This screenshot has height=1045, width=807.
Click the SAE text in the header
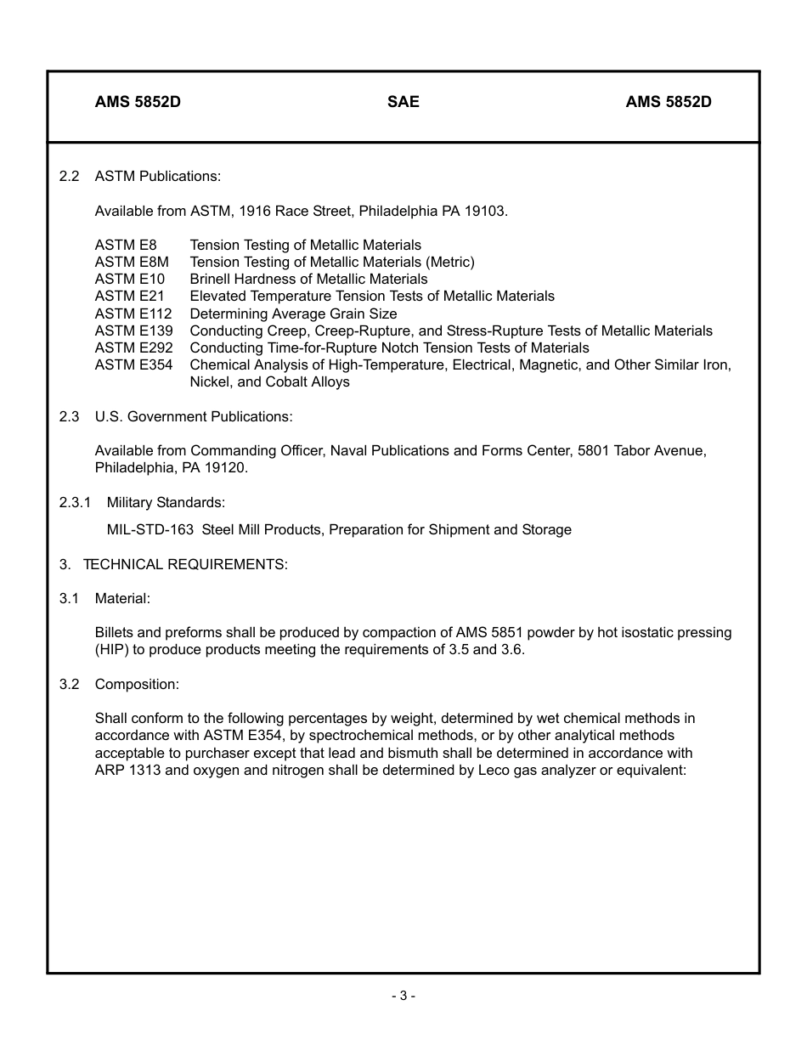click(x=403, y=102)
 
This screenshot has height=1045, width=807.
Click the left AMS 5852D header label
click(x=138, y=102)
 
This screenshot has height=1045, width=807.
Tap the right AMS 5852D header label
click(x=669, y=102)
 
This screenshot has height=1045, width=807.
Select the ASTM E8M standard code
click(x=132, y=262)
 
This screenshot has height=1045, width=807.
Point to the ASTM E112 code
click(x=133, y=313)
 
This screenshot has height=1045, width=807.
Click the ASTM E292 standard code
click(x=133, y=347)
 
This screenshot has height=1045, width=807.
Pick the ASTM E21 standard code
click(x=130, y=296)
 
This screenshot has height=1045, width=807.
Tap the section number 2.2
click(x=69, y=176)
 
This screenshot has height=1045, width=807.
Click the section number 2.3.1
click(x=75, y=502)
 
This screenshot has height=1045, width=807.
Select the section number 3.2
click(x=69, y=684)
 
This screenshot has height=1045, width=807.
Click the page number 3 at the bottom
click(x=403, y=996)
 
